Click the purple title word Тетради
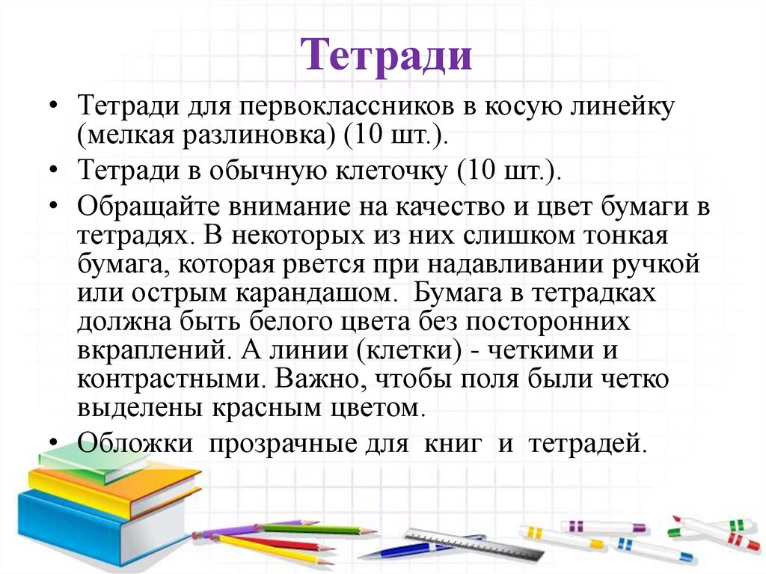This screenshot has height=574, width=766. (387, 56)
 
